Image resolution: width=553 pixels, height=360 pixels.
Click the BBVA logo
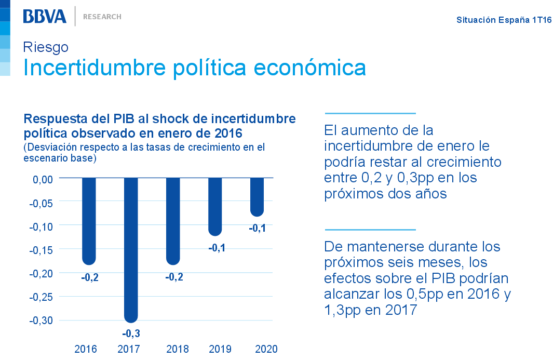(x=45, y=16)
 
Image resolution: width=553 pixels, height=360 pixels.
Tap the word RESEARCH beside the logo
(x=102, y=17)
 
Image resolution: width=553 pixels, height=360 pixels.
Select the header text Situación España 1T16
(x=504, y=20)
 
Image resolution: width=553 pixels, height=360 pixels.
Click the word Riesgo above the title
(x=46, y=47)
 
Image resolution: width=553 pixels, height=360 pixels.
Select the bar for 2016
(x=89, y=221)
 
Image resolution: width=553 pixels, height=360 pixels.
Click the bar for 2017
(x=130, y=249)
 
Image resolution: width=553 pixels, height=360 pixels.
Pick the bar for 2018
(x=173, y=221)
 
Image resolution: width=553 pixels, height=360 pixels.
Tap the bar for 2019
(x=215, y=206)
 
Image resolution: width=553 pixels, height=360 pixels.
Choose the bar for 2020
(x=257, y=196)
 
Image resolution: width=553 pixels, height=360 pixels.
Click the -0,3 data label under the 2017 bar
(x=131, y=333)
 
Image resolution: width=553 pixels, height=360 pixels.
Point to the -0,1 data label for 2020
(x=257, y=228)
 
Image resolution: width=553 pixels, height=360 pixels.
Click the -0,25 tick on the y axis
(x=41, y=297)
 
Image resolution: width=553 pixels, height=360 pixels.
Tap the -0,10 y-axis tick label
(x=41, y=226)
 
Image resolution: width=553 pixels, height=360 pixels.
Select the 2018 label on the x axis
(x=178, y=349)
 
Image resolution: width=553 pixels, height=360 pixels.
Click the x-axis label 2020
(x=266, y=349)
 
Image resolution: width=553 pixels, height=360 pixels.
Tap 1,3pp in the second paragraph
(x=343, y=310)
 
